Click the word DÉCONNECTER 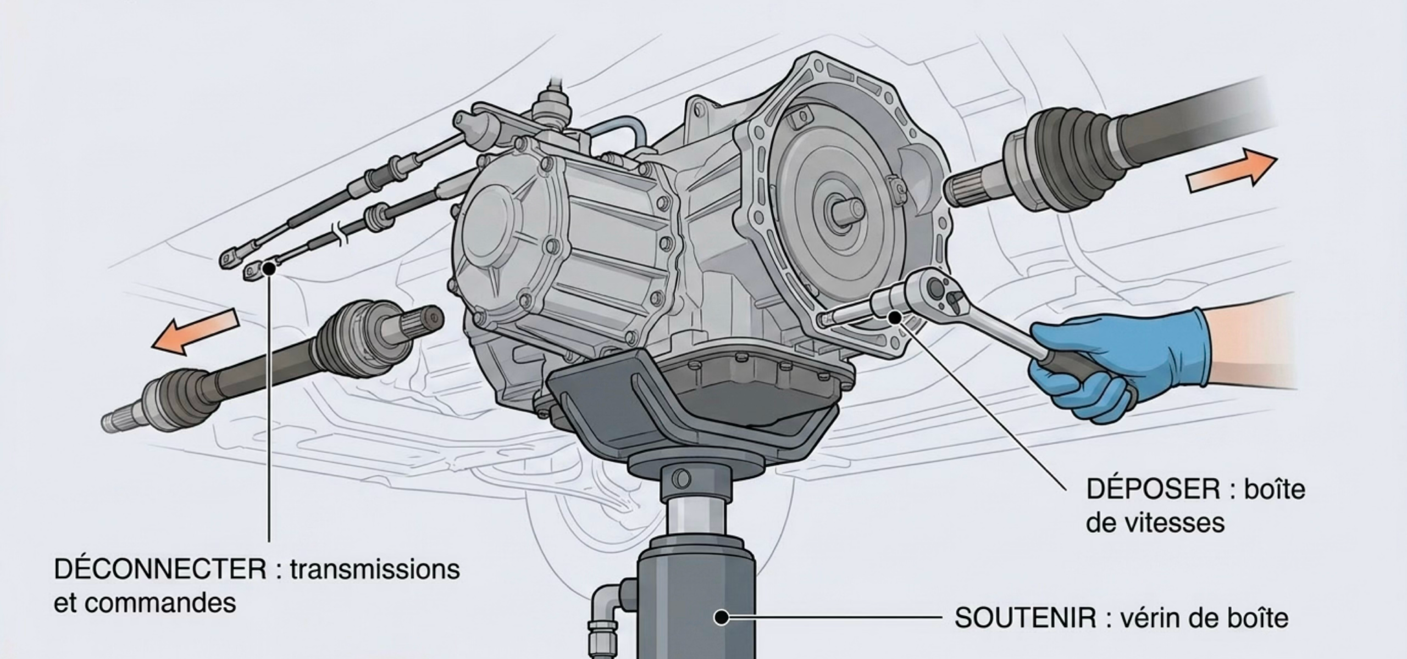point(160,569)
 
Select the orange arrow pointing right point(1232,171)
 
